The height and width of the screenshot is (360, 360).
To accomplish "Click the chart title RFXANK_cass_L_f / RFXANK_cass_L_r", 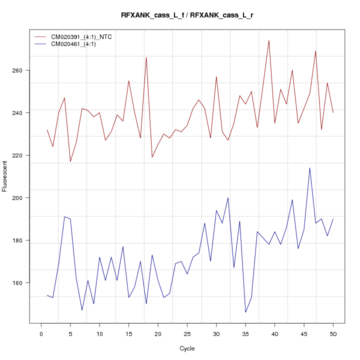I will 187,15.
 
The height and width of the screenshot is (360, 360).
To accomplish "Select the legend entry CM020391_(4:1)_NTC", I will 85,37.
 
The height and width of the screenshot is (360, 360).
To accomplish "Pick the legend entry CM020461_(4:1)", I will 77,44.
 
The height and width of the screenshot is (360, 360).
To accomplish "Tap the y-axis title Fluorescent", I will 5,176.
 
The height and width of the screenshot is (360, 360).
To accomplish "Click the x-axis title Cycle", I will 187,348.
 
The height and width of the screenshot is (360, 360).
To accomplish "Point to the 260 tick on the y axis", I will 21,70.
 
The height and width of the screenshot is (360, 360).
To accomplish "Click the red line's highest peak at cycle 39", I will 269,40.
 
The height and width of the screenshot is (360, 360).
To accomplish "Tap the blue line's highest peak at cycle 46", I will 310,168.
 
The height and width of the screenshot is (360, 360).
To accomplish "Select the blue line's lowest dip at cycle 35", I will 245,312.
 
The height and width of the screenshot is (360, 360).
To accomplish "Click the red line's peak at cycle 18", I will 146,57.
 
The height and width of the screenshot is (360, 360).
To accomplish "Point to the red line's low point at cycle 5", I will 70,161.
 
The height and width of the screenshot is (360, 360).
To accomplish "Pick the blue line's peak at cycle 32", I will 228,197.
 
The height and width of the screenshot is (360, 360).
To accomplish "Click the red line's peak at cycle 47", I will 315,51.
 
